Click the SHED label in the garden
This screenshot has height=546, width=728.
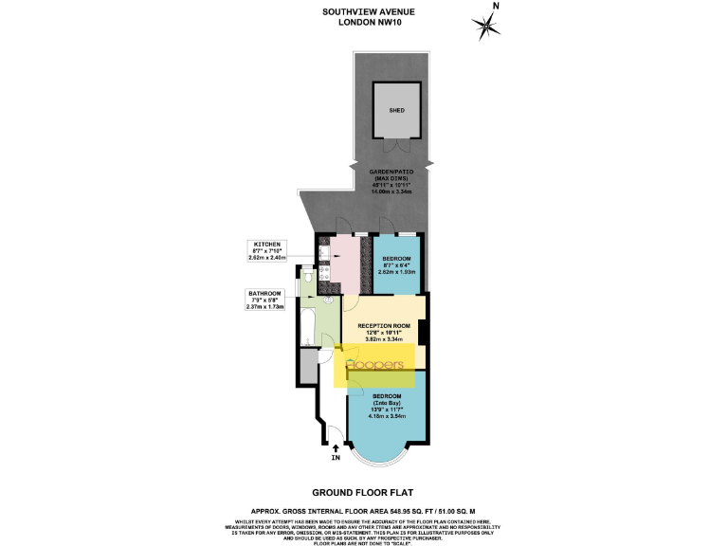[397, 111]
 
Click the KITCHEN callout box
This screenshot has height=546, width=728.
[264, 251]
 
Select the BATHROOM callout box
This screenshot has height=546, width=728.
[264, 300]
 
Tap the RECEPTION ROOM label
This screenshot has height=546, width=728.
[386, 330]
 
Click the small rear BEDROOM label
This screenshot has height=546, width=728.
[396, 264]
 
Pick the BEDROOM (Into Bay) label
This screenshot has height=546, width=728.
[386, 405]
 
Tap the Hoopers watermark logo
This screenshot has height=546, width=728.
[377, 366]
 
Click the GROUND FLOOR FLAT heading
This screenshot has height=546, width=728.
[364, 493]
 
